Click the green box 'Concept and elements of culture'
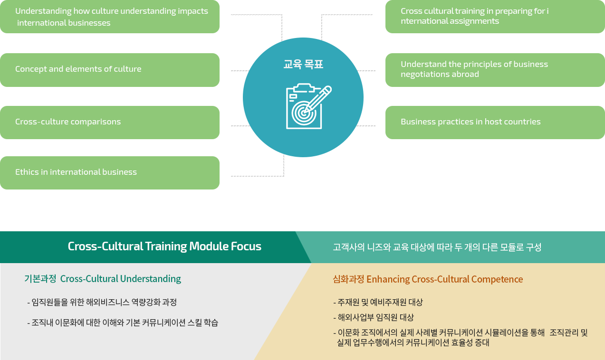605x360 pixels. click(110, 70)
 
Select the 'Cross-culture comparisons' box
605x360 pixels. click(110, 123)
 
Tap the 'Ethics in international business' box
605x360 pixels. click(110, 173)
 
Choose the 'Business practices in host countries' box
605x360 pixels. click(495, 123)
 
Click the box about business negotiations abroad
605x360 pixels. click(495, 70)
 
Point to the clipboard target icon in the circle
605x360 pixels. click(308, 106)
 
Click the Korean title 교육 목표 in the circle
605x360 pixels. click(303, 64)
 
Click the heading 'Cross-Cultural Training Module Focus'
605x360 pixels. click(164, 246)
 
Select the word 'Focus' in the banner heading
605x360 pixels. click(246, 246)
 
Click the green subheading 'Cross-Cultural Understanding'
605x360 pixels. click(120, 279)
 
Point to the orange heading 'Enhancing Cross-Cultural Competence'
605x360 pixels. click(444, 279)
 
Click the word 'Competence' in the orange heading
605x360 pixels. click(497, 279)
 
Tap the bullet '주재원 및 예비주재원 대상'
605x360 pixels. click(378, 302)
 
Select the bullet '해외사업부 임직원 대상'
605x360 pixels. click(374, 317)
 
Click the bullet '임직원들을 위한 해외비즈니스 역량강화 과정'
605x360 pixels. click(102, 302)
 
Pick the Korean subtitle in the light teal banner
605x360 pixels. click(437, 247)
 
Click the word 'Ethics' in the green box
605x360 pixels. click(27, 172)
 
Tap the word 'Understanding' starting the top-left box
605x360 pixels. click(43, 11)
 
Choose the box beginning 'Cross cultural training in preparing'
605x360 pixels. click(495, 17)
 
